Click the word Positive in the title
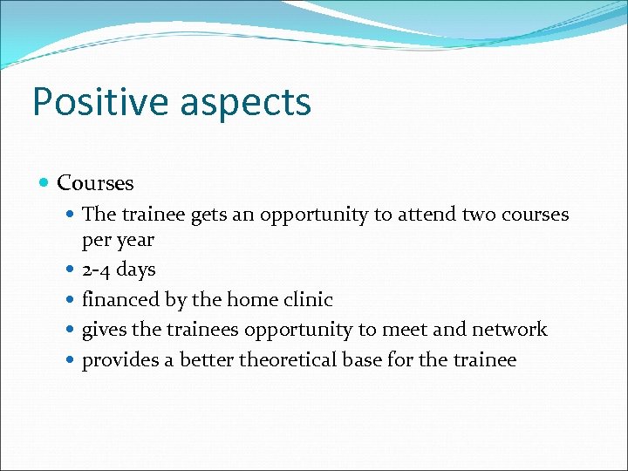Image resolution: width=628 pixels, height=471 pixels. point(99,101)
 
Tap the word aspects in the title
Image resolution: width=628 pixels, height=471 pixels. point(245,101)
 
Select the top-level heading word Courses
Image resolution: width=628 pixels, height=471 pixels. point(95,183)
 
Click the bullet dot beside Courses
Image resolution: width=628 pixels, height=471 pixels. point(44,183)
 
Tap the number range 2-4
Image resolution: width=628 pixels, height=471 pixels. point(97,270)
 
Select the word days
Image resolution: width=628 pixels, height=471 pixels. point(136,270)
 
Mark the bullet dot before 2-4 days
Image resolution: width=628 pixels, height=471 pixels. point(70,270)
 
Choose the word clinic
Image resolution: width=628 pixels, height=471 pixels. point(309,300)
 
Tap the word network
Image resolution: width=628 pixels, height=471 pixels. point(509,330)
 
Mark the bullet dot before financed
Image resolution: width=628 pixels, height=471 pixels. point(70,301)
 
